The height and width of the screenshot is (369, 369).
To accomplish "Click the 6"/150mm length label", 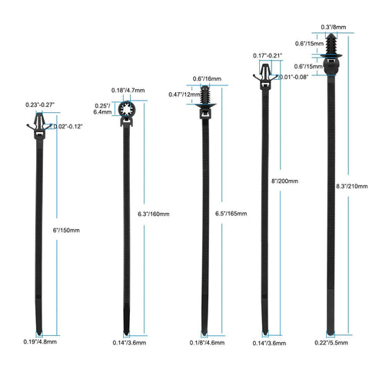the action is pyautogui.click(x=66, y=230).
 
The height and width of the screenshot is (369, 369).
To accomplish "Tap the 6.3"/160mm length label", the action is pyautogui.click(x=154, y=214).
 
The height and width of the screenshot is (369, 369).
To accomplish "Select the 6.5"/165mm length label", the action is pyautogui.click(x=231, y=214).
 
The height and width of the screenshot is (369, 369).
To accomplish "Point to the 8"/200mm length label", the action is pyautogui.click(x=284, y=181).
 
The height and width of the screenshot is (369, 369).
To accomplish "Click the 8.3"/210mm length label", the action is pyautogui.click(x=352, y=186).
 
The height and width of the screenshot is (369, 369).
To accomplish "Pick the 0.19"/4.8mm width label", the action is pyautogui.click(x=40, y=341).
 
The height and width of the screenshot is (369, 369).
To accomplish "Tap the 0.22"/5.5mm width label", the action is pyautogui.click(x=331, y=343).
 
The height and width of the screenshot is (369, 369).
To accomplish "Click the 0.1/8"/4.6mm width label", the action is pyautogui.click(x=207, y=343).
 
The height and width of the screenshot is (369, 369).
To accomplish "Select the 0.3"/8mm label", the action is pyautogui.click(x=334, y=27).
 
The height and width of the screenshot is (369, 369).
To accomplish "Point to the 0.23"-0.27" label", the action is pyautogui.click(x=40, y=105).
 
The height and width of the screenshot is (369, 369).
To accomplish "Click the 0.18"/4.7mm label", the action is pyautogui.click(x=128, y=90).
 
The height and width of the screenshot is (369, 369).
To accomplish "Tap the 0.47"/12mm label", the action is pyautogui.click(x=184, y=95).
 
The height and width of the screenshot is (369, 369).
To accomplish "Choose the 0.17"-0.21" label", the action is pyautogui.click(x=268, y=55).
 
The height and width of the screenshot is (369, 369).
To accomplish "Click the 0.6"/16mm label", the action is pyautogui.click(x=207, y=78).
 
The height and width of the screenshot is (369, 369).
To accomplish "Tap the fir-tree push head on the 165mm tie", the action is pyautogui.click(x=205, y=97).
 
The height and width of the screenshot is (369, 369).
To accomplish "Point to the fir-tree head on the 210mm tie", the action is pyautogui.click(x=331, y=45).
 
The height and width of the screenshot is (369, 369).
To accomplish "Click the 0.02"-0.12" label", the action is pyautogui.click(x=68, y=126).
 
